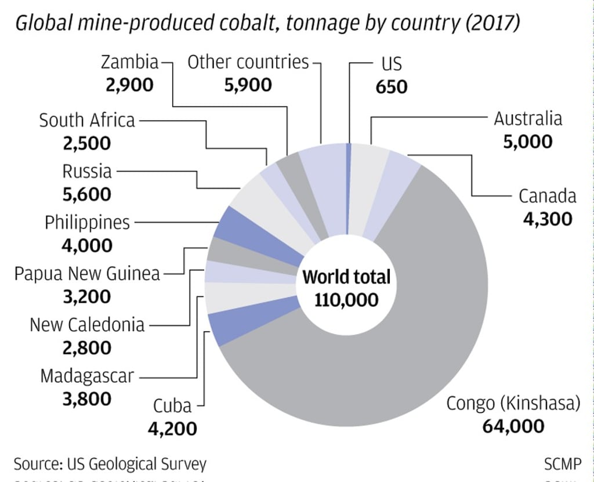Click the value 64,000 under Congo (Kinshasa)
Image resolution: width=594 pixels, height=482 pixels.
pos(513,426)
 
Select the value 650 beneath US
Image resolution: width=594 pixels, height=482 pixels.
pos(392,86)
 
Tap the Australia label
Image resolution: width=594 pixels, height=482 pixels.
pos(527,119)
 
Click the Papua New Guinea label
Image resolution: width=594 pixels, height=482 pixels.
pos(87,273)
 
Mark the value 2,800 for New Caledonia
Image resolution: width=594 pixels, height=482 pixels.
pos(87,348)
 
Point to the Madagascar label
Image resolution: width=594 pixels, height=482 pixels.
pos(87,376)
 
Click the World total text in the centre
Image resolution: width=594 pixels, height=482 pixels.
pos(346,277)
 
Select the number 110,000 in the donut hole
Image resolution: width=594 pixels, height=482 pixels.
pos(346,299)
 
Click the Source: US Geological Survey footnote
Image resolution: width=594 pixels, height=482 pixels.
pos(110,464)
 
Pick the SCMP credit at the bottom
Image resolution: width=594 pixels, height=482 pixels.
pos(562,464)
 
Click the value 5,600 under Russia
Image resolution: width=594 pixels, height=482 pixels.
pos(87,194)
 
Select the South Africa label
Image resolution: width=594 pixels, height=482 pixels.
pos(87,121)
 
